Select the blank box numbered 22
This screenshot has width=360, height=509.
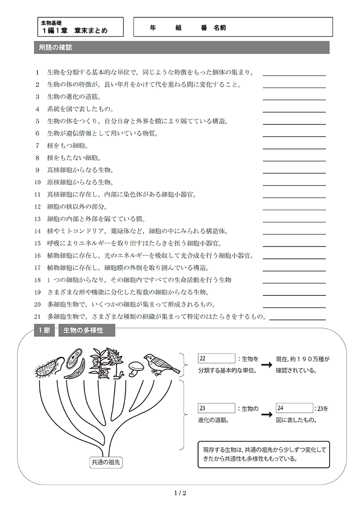point(216,359)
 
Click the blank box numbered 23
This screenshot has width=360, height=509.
point(216,408)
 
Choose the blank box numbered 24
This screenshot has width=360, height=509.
point(294,408)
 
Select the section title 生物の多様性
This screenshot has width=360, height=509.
point(86,330)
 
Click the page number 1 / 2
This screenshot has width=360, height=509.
point(180,493)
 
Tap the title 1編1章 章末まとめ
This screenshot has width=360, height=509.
point(75,31)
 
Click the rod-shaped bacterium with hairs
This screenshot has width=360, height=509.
point(47,368)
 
